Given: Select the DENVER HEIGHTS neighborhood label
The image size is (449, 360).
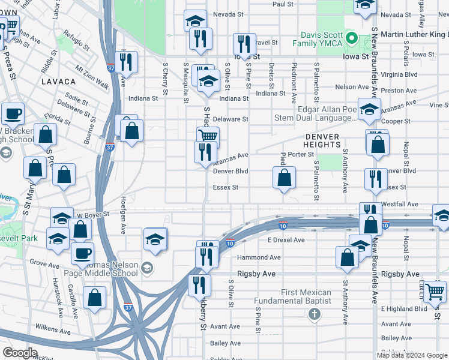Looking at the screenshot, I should (x=322, y=140).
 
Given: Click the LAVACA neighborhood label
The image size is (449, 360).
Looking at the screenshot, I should (x=58, y=80).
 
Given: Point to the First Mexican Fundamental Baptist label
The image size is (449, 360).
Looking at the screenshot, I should (x=292, y=296).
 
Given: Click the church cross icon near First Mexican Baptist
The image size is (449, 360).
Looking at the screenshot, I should (x=314, y=314).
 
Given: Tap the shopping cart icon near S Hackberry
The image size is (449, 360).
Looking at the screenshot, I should (x=208, y=136).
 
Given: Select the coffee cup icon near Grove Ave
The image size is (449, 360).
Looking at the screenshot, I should (x=83, y=253).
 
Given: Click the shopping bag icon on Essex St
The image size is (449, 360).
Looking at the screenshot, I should (x=285, y=178).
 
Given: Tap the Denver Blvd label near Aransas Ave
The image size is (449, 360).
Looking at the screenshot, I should (x=231, y=171).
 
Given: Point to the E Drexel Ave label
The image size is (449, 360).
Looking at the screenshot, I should (x=286, y=240).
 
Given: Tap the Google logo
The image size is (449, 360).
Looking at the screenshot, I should (x=20, y=353).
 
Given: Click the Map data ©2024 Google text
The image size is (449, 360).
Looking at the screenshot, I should (x=412, y=355).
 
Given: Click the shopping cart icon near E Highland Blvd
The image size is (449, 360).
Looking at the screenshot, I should (x=435, y=292).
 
